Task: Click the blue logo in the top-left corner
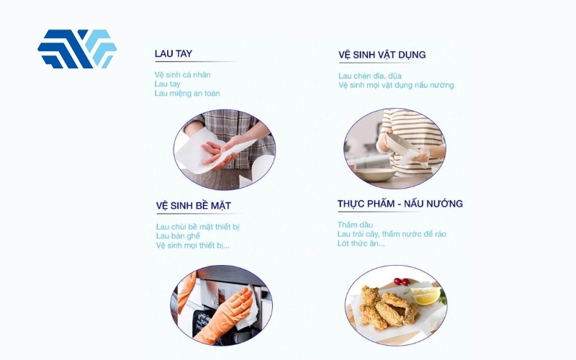(77, 49)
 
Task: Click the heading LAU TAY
(173, 54)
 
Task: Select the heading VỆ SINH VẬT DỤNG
(382, 55)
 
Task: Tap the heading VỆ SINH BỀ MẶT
(193, 206)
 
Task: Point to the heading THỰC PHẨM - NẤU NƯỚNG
(400, 204)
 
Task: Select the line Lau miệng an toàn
(187, 93)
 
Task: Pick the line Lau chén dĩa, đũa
(370, 76)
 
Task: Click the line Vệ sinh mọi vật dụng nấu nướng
(396, 85)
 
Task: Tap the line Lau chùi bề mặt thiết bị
(197, 227)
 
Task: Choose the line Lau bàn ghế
(178, 236)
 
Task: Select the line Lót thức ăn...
(361, 243)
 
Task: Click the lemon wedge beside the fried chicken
(425, 295)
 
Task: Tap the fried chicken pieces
(385, 306)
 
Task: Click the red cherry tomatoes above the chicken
(400, 282)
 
